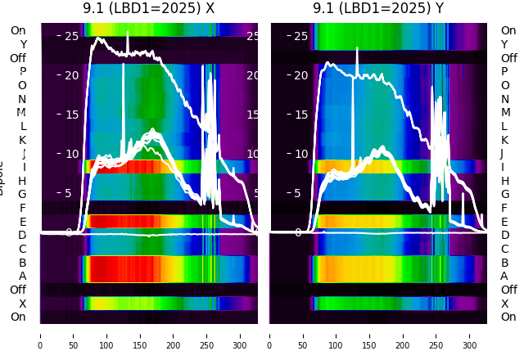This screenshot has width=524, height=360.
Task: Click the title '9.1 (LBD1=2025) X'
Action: (148, 8)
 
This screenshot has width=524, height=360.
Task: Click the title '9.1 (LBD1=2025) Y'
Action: (378, 8)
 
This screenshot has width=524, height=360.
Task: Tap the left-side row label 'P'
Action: (22, 72)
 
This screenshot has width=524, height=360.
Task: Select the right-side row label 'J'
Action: (502, 154)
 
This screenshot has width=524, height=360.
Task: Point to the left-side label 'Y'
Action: (23, 44)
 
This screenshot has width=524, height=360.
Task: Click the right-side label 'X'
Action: (504, 304)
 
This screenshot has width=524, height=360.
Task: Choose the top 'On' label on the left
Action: (18, 30)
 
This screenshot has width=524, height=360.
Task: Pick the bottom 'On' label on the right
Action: (508, 317)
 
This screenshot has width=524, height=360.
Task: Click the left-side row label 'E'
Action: (22, 222)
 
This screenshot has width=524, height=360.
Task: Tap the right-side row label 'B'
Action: (504, 263)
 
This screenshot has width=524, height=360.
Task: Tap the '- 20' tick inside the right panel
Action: (297, 75)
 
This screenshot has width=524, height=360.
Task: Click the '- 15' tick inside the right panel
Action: (297, 115)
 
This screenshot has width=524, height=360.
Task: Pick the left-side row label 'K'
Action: (22, 140)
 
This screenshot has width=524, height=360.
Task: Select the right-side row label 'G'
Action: (504, 195)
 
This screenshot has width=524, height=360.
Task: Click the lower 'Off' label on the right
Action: (508, 290)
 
